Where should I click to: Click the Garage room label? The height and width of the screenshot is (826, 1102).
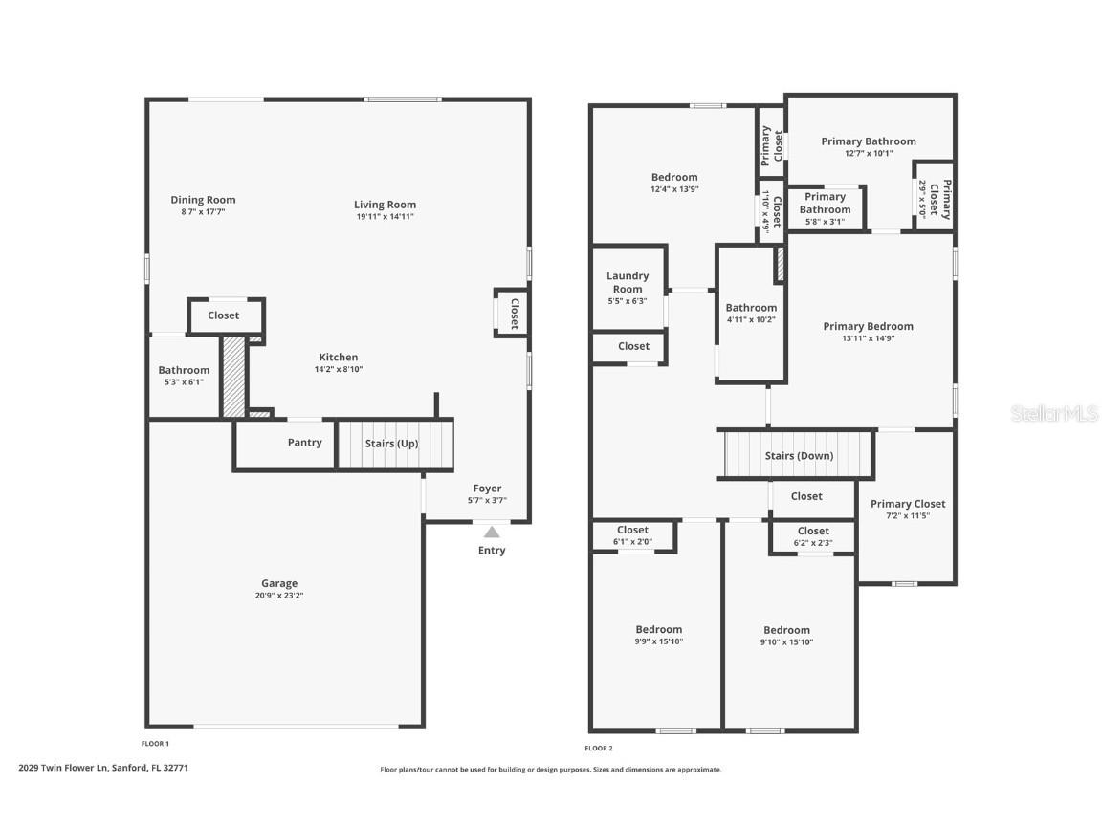pyautogui.click(x=279, y=583)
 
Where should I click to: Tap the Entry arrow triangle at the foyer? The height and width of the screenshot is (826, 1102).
pyautogui.click(x=491, y=532)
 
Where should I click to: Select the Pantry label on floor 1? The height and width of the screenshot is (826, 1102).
pyautogui.click(x=304, y=443)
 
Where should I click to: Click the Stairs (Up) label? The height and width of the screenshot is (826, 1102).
pyautogui.click(x=391, y=444)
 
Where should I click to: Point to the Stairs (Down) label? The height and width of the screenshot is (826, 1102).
pyautogui.click(x=799, y=456)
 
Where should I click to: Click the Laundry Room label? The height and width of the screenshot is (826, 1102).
pyautogui.click(x=628, y=282)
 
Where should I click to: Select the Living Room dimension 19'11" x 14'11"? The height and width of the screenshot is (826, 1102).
pyautogui.click(x=385, y=217)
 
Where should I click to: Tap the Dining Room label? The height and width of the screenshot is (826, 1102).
pyautogui.click(x=203, y=200)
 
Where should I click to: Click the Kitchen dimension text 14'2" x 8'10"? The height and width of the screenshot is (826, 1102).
pyautogui.click(x=339, y=369)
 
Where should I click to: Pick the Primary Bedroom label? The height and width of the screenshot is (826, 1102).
pyautogui.click(x=868, y=326)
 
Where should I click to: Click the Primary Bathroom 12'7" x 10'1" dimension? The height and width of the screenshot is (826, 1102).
pyautogui.click(x=868, y=153)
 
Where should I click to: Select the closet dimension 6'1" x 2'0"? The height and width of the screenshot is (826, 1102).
pyautogui.click(x=632, y=542)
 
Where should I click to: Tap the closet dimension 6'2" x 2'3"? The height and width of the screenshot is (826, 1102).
pyautogui.click(x=813, y=543)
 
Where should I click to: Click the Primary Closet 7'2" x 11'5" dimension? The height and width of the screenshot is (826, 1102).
pyautogui.click(x=907, y=515)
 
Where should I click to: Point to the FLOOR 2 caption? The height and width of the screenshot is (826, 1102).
pyautogui.click(x=599, y=748)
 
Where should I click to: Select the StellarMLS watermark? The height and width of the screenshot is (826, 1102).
pyautogui.click(x=1054, y=414)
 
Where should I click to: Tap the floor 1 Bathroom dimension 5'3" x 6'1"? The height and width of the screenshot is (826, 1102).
pyautogui.click(x=184, y=381)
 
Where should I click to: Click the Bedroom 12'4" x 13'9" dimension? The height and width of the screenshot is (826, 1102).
pyautogui.click(x=674, y=189)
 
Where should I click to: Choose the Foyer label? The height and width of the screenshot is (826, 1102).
pyautogui.click(x=487, y=489)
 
